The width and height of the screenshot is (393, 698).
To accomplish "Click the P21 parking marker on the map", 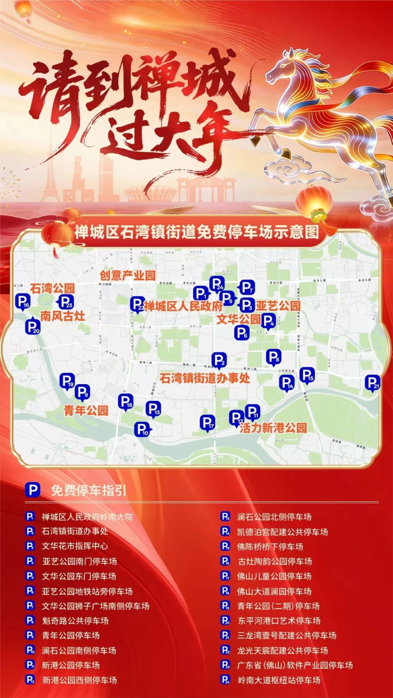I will coord(373,383).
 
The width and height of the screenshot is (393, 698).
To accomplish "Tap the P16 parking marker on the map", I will coord(23,302).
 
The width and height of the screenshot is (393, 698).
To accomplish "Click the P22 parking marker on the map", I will coord(137,304).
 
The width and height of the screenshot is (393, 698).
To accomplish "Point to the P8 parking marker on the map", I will coord(273,357).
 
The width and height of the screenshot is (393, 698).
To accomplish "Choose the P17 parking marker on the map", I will coord(208,422).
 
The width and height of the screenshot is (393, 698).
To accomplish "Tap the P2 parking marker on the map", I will coord(219,360).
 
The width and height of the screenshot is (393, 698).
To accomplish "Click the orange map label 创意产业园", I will coord(128,275).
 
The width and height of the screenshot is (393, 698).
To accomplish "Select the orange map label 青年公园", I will coord(86,410).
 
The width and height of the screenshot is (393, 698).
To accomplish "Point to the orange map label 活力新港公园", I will coord(273,428).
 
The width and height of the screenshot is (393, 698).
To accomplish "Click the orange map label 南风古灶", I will coord(63,316).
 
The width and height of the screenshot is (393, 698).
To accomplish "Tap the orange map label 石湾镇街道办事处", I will coord(205,378).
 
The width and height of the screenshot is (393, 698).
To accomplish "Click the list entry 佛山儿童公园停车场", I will coord(274,576).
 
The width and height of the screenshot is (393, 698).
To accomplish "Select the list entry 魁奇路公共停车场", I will coord(75,621).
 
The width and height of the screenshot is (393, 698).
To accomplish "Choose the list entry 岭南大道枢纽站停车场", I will coord(279,680).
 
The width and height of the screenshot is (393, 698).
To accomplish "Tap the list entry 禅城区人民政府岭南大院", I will coord(87,517).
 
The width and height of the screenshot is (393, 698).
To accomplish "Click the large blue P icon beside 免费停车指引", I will coord(33,490).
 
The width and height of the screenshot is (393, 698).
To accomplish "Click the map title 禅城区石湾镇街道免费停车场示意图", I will coord(196,232).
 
